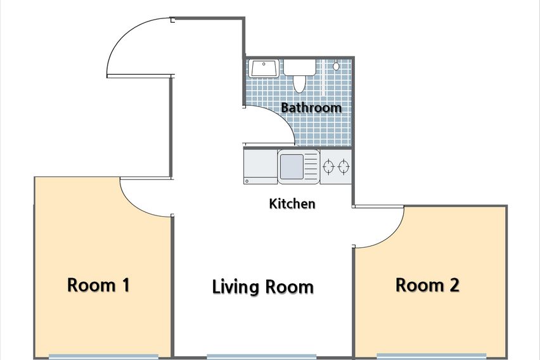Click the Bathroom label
311,108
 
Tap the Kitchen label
292,203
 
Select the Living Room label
263,287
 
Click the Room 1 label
98,285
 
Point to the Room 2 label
427,285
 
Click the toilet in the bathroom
300,75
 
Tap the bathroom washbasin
264,68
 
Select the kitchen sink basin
292,167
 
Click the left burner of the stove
328,167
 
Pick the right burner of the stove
344,167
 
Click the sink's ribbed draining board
311,167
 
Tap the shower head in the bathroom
336,65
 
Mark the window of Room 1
103,357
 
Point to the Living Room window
261,357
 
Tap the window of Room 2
432,356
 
